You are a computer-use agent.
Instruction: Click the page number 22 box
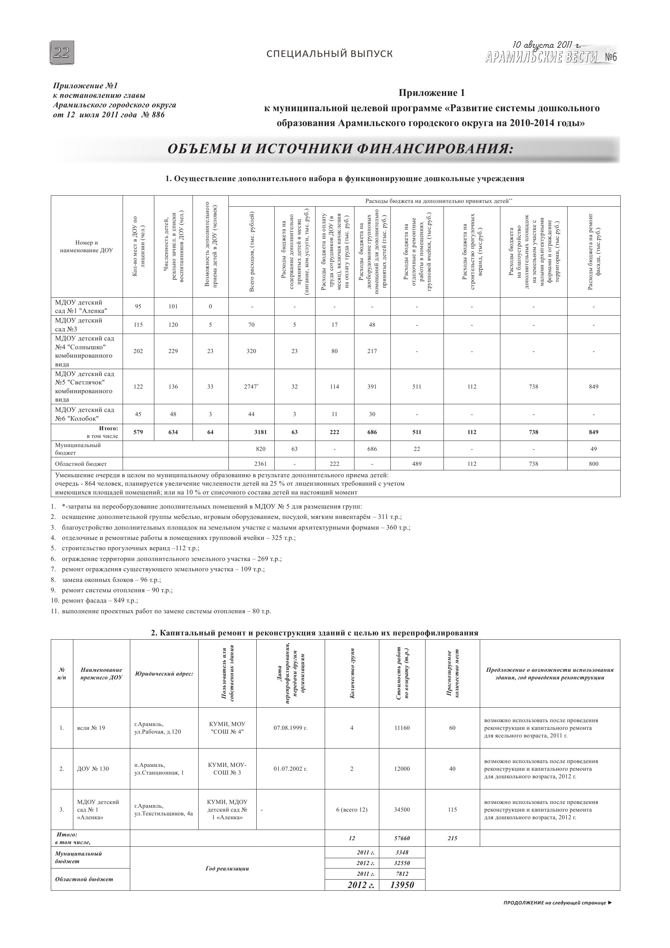coord(62,53)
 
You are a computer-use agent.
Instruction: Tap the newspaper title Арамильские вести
coord(542,57)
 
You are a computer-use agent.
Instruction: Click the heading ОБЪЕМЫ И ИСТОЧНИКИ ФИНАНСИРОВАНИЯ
coord(341,149)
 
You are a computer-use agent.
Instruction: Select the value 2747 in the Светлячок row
coord(251,386)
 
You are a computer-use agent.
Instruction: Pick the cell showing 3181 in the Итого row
coord(260,432)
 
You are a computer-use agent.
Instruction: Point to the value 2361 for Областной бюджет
coord(260,463)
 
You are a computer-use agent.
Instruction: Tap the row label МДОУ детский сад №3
coord(78,324)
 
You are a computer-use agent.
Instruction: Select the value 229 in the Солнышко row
coord(173,351)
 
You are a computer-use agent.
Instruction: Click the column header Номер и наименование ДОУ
coord(86,246)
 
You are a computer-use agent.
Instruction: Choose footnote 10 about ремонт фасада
coord(99,600)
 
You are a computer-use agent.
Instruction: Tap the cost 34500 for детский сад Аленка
coord(402,810)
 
